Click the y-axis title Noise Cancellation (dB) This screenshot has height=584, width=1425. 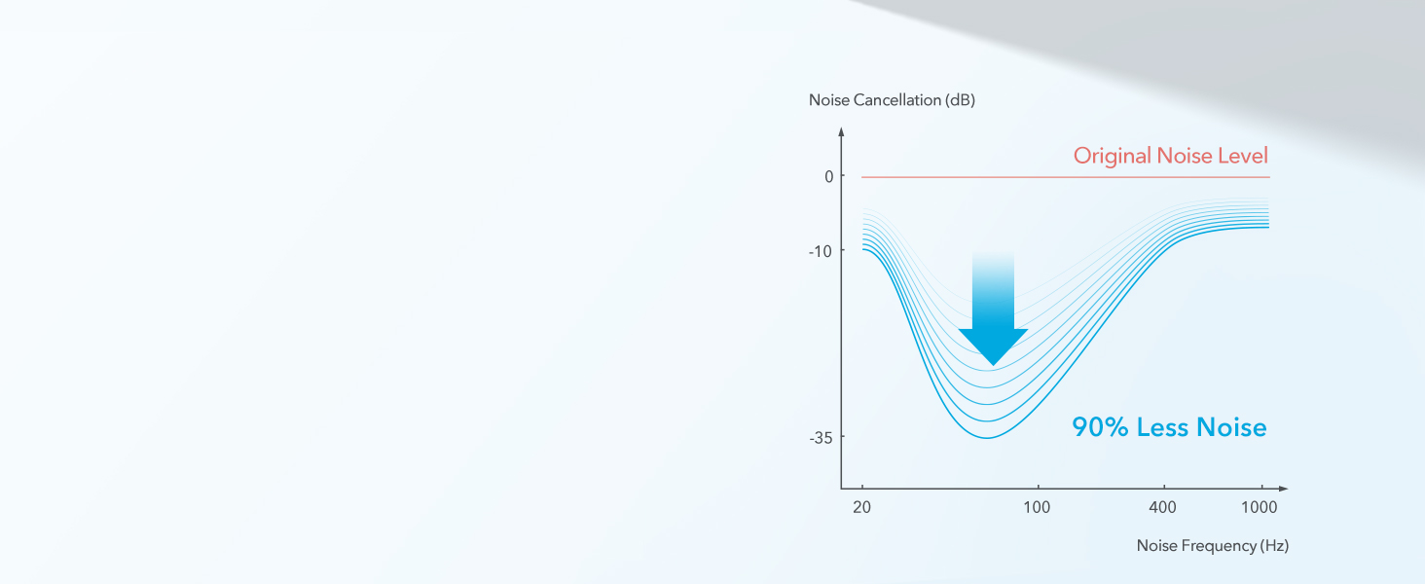892,100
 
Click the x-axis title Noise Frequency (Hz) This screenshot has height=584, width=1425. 1213,546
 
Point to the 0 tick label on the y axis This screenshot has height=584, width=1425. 829,177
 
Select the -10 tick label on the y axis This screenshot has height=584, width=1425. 821,252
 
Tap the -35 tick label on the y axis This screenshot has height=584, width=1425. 821,438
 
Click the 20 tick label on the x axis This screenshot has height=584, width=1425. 862,507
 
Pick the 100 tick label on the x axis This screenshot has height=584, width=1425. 1037,507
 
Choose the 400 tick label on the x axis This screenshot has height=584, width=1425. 1163,507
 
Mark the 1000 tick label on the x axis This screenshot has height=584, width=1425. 1260,507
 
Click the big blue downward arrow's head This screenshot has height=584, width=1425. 993,346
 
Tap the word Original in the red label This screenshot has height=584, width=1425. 1112,156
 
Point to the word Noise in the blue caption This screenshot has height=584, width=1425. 1231,427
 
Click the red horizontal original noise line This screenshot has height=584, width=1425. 1066,177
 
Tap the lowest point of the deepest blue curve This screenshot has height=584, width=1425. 987,438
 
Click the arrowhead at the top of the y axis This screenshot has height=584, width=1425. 841,131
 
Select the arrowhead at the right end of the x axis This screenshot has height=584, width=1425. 1283,489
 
